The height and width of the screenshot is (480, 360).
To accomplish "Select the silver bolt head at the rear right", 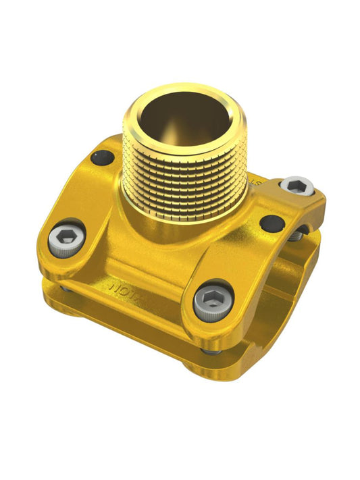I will click(x=297, y=186).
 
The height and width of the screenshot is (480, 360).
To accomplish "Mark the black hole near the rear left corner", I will click(x=103, y=158).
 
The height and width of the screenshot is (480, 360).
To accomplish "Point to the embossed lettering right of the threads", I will click(x=255, y=182).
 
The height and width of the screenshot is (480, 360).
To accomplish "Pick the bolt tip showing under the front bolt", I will click(x=211, y=351).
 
